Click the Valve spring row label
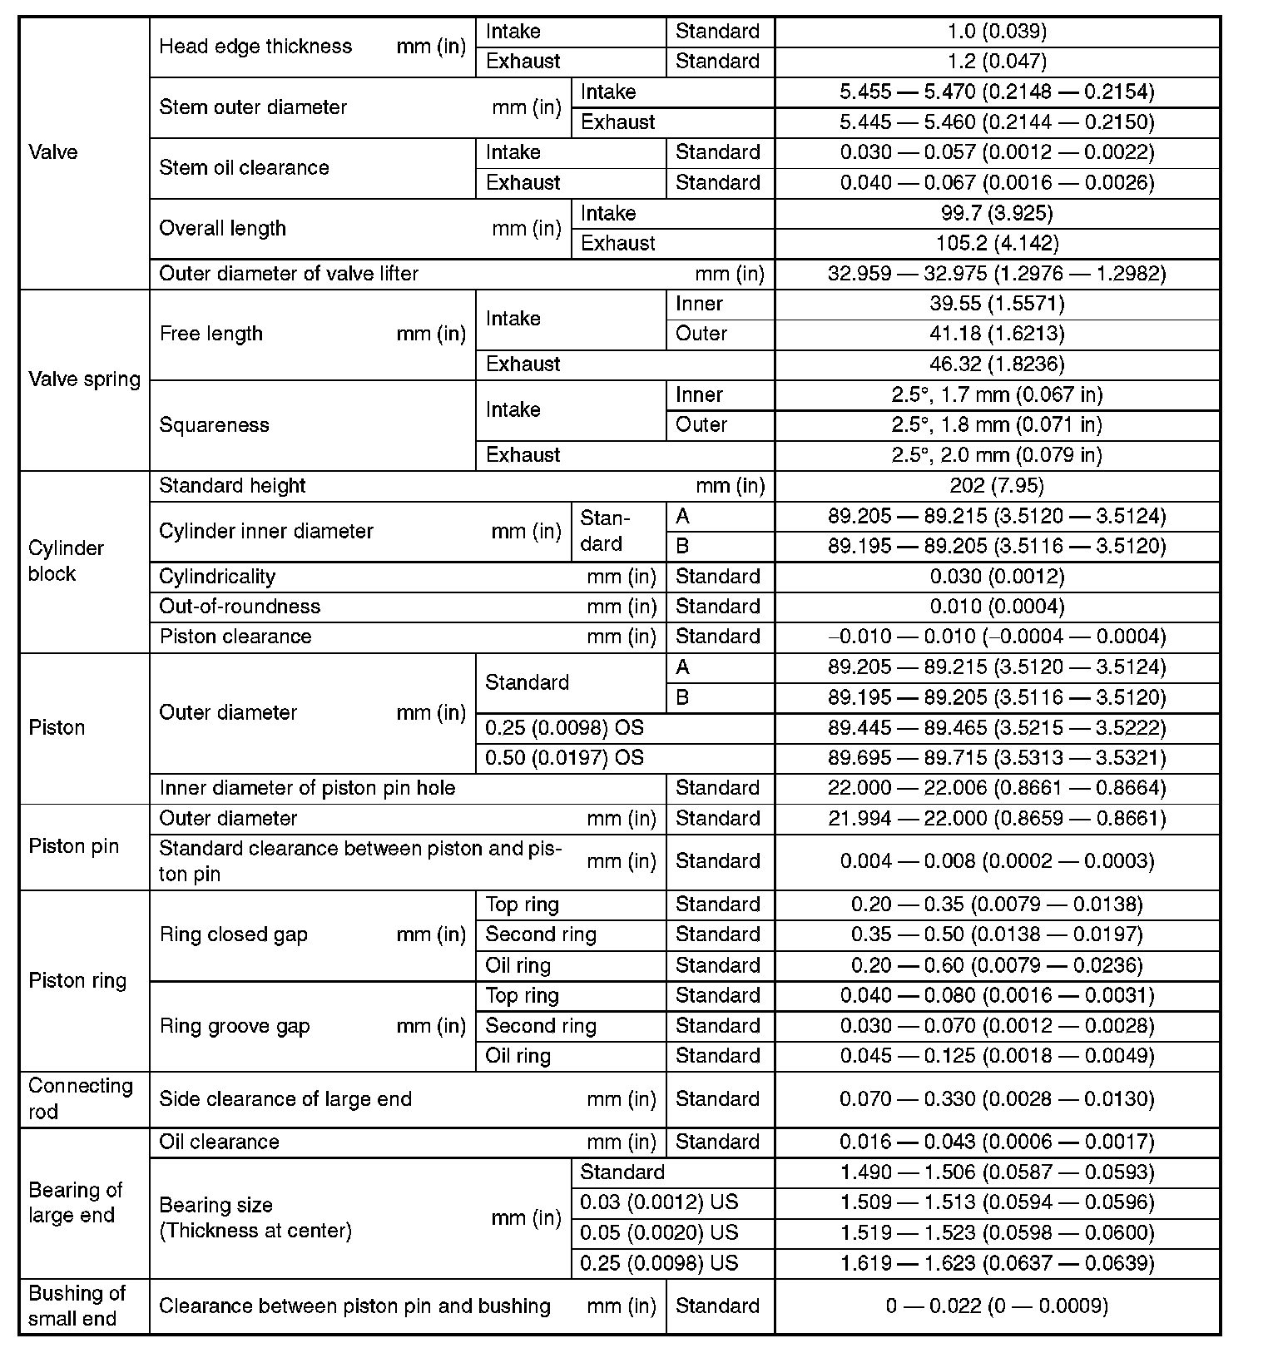click(84, 379)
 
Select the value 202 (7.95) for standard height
click(997, 486)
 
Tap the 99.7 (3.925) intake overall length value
click(997, 214)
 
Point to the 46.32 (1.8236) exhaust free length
click(997, 364)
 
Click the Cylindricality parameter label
click(217, 577)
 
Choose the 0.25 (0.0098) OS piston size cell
click(565, 728)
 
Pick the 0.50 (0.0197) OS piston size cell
click(565, 758)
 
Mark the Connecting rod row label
click(80, 1098)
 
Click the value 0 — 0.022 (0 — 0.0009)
click(997, 1306)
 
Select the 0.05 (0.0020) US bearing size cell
click(659, 1232)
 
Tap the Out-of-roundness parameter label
click(240, 607)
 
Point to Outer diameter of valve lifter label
click(289, 274)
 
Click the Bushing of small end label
click(76, 1306)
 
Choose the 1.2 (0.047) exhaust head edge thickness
click(997, 62)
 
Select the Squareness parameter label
click(214, 425)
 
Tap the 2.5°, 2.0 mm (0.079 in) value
click(997, 455)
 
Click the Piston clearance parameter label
click(235, 637)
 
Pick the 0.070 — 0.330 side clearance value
click(997, 1099)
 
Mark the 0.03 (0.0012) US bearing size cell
click(659, 1202)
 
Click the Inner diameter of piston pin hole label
click(307, 788)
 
